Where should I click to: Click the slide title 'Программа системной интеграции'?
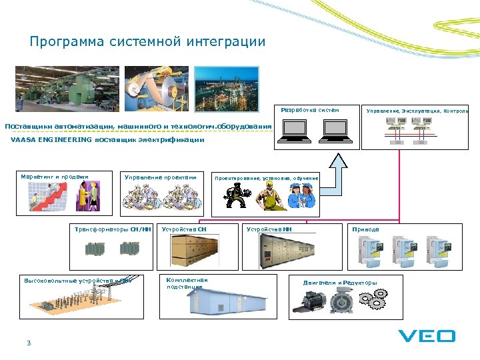[x=147, y=42]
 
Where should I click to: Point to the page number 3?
[x=29, y=343]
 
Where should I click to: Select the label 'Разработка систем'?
[x=310, y=110]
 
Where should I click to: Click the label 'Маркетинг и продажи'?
[x=55, y=177]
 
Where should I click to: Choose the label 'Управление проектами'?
[x=161, y=177]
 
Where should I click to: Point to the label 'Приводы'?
[x=366, y=229]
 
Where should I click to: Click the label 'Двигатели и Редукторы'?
[x=340, y=283]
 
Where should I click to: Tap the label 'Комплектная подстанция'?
[x=187, y=283]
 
